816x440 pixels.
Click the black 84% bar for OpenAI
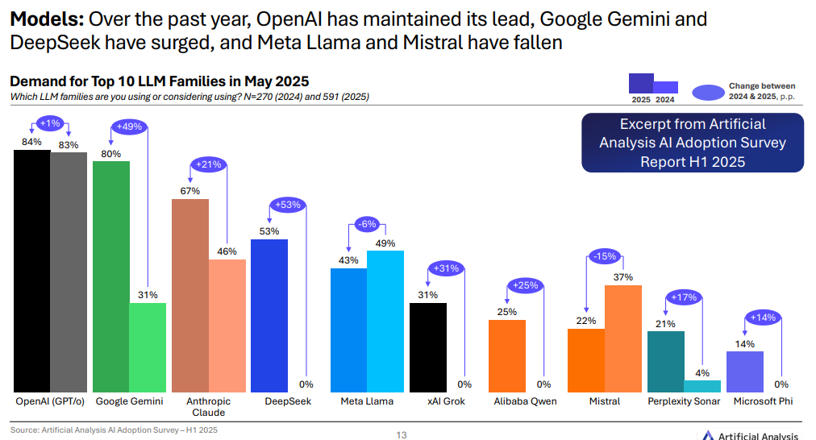pos(31,271)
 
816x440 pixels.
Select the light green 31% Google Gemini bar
pos(148,347)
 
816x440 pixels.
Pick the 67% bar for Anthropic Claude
pos(190,295)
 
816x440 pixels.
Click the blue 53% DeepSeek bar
pos(269,315)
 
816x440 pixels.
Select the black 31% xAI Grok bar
pos(427,347)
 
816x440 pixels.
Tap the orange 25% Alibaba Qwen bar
pos(507,355)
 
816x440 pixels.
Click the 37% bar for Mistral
pos(623,338)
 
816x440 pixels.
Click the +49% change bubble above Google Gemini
pos(129,127)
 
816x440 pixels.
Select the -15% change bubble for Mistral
pos(604,256)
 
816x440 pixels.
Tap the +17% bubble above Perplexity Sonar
pos(683,297)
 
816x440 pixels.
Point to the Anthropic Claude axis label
pos(209,406)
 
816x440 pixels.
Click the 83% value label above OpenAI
pos(69,145)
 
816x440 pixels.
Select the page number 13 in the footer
pos(402,435)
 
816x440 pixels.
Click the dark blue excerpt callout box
pos(693,143)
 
